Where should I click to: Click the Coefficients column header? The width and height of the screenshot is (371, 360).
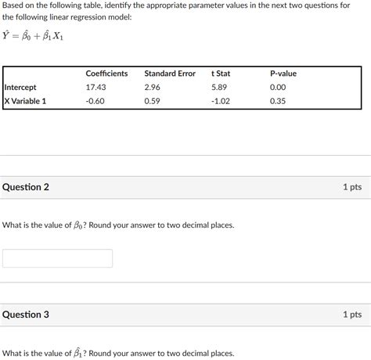(x=106, y=74)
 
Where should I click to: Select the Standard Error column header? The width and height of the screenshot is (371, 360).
(x=170, y=74)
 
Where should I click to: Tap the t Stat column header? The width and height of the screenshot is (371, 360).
(x=221, y=74)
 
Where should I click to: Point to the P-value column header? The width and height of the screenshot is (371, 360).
(x=283, y=74)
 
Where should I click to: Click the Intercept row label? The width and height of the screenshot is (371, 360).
(x=20, y=88)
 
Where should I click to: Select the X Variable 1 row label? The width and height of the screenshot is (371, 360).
(x=26, y=101)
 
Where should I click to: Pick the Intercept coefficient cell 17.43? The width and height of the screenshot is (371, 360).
(x=95, y=88)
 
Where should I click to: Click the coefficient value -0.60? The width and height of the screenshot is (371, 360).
(x=95, y=101)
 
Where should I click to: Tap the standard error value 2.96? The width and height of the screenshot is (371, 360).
(x=152, y=88)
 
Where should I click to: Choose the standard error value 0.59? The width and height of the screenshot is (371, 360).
(x=152, y=101)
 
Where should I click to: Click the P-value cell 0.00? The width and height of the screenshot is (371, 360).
(x=278, y=88)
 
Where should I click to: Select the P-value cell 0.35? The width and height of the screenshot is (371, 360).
(x=278, y=101)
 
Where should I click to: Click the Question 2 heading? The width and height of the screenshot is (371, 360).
(x=26, y=188)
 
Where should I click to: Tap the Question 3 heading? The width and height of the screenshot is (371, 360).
(x=26, y=315)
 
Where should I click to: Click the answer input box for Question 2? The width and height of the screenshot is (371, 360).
(x=57, y=258)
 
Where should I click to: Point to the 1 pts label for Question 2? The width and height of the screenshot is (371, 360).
(x=351, y=188)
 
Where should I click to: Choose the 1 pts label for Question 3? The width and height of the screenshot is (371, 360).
(x=351, y=315)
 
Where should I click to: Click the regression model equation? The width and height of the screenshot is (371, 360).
(x=34, y=36)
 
